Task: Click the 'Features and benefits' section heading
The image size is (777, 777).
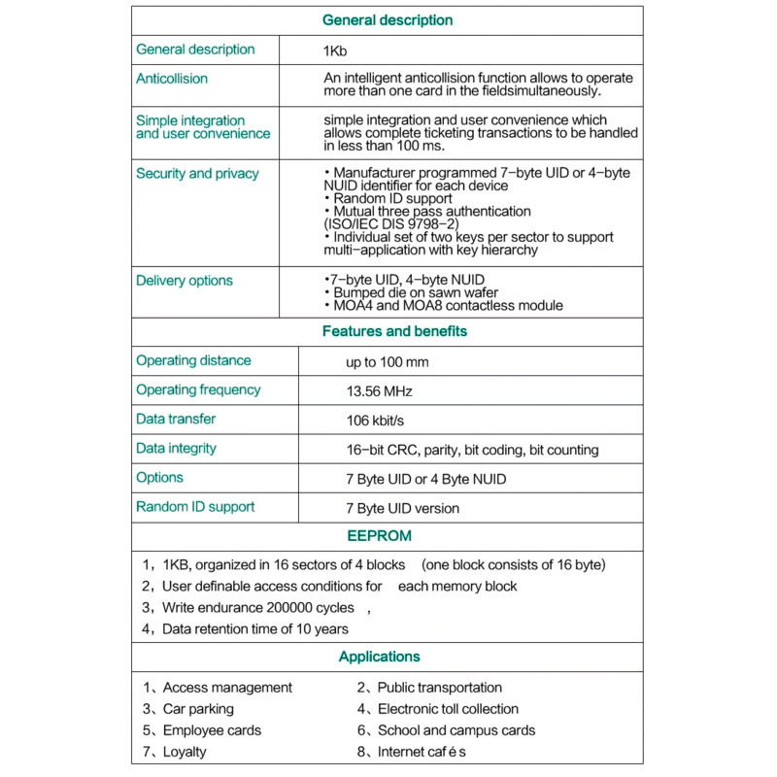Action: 394,331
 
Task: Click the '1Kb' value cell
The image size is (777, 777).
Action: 335,51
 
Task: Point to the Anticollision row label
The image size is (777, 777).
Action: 172,79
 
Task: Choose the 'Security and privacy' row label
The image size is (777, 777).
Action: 197,174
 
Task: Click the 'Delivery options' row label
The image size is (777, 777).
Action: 185,281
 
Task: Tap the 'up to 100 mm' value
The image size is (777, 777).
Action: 387,362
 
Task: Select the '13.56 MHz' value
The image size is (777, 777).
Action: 379,391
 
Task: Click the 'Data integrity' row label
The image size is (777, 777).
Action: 176,449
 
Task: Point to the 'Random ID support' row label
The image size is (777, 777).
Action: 195,507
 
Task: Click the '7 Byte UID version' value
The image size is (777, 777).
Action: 402,508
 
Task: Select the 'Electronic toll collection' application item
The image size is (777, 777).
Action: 448,709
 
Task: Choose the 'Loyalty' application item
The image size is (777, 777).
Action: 185,752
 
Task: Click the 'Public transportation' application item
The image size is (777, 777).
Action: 439,688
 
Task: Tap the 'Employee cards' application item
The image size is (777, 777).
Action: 212,730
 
